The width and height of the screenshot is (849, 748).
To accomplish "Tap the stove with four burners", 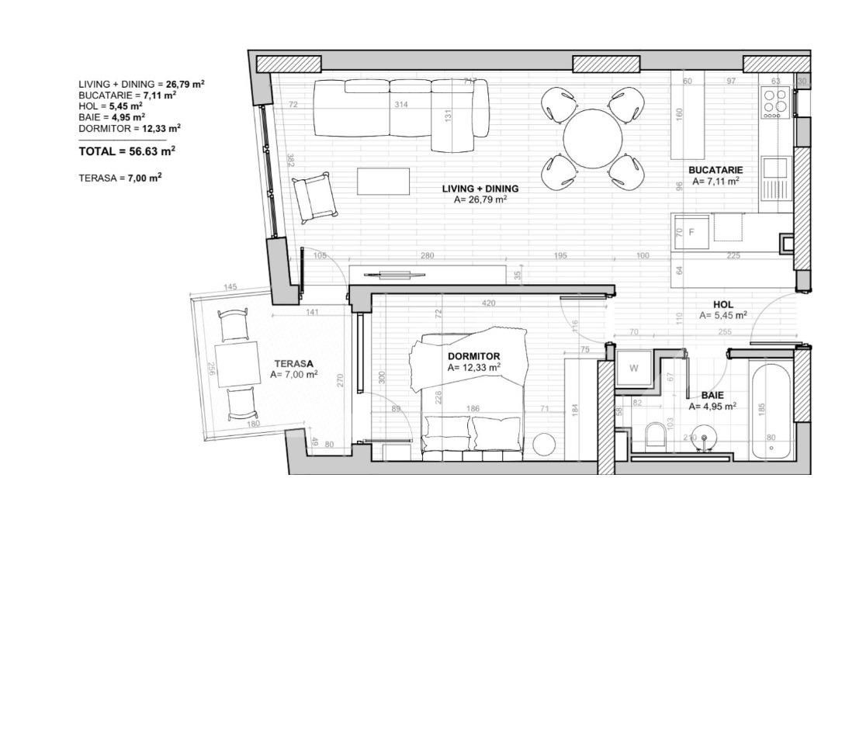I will pos(775,103).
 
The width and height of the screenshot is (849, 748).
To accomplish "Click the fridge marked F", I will pos(691,232).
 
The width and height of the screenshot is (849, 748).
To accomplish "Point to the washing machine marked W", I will pos(633,368).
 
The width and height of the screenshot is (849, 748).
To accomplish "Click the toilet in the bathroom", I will pos(656,436).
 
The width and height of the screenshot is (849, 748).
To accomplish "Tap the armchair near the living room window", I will pos(314,196).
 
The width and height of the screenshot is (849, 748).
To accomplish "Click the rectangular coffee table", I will pos(383,181).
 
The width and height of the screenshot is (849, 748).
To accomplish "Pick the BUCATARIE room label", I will pos(715,170).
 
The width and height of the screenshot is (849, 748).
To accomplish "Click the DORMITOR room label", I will pos(473,356).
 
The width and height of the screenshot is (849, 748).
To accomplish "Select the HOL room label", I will pos(723,305).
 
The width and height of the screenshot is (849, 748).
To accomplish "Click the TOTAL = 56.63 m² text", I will pos(126,151).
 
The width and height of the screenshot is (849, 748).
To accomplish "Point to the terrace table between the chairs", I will pos(237,364).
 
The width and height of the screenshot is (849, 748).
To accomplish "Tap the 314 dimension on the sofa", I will pos(400,104).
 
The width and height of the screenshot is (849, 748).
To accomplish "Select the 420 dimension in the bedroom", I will pos(488,303).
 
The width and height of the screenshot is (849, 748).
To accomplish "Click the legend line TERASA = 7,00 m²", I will pos(120,178).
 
